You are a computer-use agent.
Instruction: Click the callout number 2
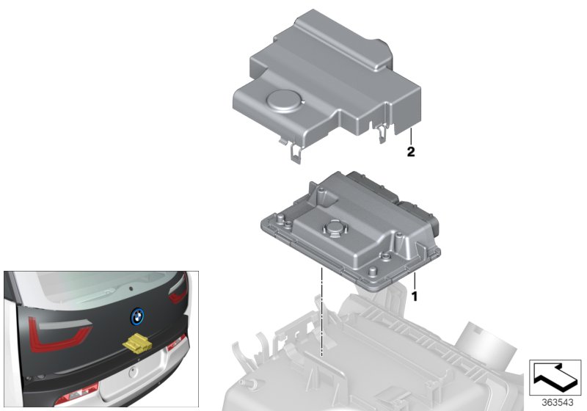(x=411, y=153)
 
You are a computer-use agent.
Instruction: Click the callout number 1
(x=414, y=297)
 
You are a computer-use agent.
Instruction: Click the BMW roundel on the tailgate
(x=136, y=316)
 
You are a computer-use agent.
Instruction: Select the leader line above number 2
(x=411, y=136)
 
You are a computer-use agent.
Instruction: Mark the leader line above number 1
(x=414, y=280)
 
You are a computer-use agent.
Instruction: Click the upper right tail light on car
(x=179, y=294)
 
